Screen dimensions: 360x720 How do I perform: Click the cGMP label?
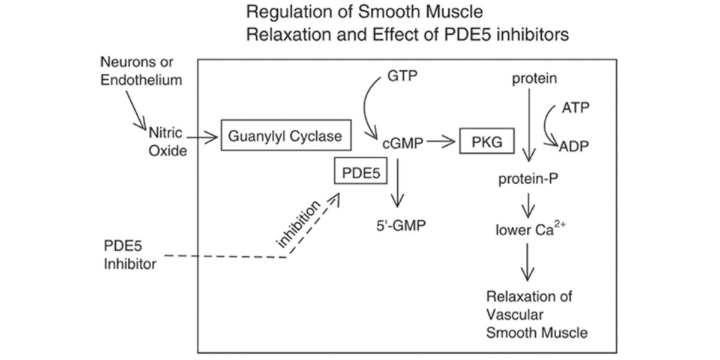point(403,143)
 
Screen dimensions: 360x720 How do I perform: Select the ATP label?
point(575,108)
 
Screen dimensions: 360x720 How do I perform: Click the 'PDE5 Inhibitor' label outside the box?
point(130,255)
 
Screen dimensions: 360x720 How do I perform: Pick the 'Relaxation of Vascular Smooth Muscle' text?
point(529,314)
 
